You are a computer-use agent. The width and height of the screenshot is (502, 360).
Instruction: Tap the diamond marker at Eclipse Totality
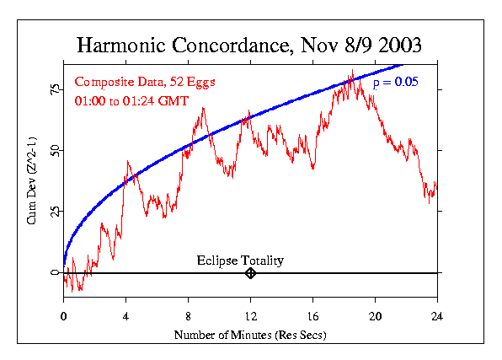[x=250, y=273]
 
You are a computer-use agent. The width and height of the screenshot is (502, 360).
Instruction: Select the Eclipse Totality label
[x=240, y=261]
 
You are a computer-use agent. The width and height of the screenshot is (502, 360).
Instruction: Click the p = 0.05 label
[x=395, y=83]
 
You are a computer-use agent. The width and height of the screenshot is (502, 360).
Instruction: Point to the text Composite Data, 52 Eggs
[x=133, y=82]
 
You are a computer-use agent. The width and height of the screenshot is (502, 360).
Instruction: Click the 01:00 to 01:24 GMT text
[x=131, y=100]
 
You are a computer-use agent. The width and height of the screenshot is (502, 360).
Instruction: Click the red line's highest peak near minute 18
[x=352, y=71]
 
